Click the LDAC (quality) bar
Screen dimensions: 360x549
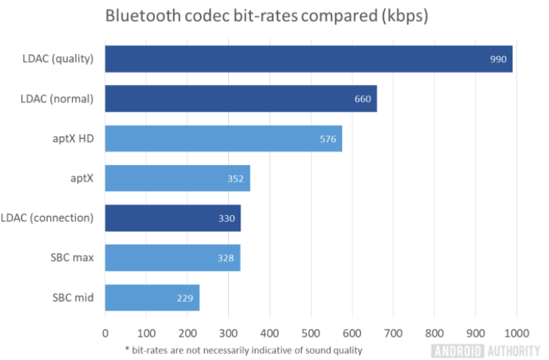coord(308,59)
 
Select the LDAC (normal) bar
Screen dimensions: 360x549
coord(240,99)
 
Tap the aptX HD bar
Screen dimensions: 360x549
coord(223,139)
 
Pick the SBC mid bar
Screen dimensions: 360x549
coord(152,298)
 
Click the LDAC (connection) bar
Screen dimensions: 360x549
coord(172,218)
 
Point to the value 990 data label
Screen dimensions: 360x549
coord(498,59)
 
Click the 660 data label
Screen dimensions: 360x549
coord(362,99)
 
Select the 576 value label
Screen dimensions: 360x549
coord(328,139)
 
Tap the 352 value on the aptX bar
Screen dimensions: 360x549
coord(235,179)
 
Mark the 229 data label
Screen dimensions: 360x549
coord(184,298)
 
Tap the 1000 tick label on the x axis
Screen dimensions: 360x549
coord(516,332)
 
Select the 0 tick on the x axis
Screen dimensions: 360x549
coord(105,332)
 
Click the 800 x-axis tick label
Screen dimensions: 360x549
coord(434,332)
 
